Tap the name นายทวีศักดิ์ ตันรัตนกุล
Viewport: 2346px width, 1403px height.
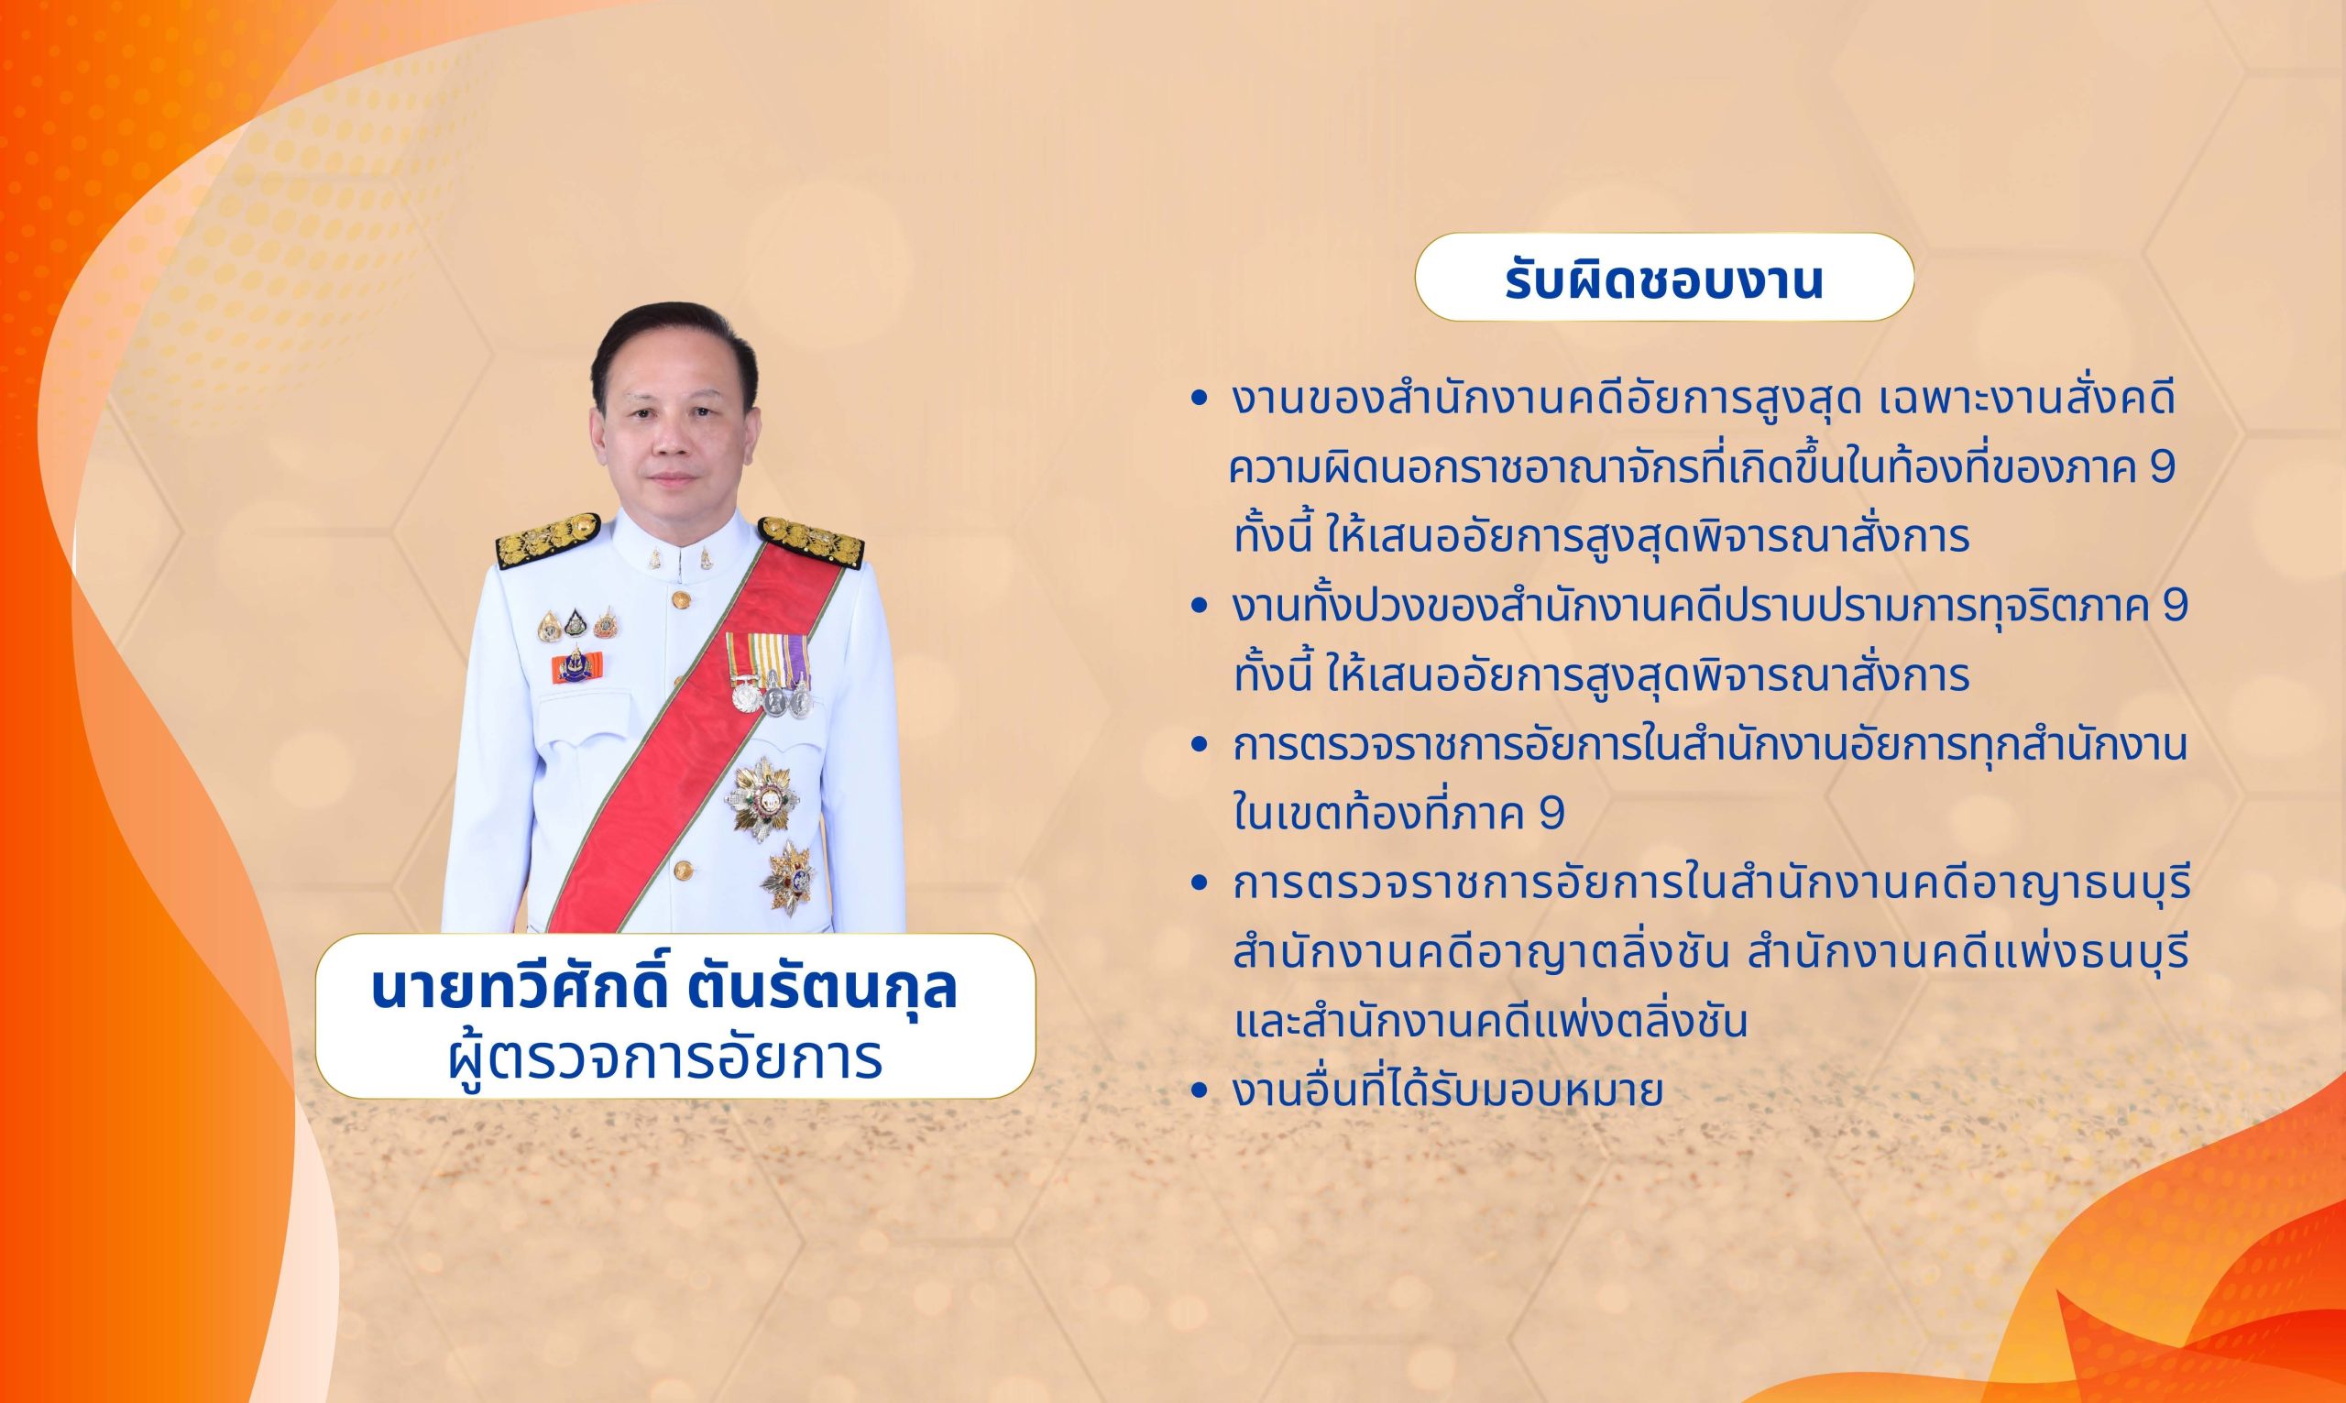pos(664,989)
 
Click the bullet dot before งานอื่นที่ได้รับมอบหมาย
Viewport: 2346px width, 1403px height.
pos(1200,1092)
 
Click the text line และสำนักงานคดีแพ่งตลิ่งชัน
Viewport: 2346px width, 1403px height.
pos(1490,1023)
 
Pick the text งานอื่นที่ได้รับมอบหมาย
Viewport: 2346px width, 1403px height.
pos(1448,1092)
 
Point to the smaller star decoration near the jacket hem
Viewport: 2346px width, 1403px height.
pos(788,878)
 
